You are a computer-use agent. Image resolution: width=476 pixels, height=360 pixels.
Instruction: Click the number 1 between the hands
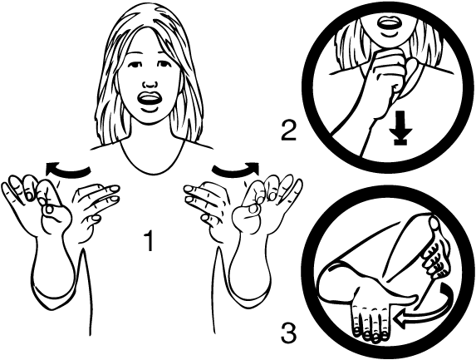tap(149, 240)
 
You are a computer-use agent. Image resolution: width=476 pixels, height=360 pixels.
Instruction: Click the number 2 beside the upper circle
tap(288, 131)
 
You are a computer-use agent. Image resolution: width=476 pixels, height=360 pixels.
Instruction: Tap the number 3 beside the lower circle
tap(288, 333)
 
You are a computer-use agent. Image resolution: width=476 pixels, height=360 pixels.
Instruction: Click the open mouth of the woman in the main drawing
tap(148, 100)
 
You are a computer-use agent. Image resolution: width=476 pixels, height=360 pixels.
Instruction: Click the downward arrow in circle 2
tap(401, 127)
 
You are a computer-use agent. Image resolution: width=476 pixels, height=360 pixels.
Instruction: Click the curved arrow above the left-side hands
tap(67, 170)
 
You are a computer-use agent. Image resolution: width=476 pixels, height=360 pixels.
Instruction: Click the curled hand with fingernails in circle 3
tap(435, 249)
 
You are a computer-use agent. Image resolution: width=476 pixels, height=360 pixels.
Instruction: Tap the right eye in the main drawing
tap(163, 64)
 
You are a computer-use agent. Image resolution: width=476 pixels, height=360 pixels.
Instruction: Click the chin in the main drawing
tap(149, 119)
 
